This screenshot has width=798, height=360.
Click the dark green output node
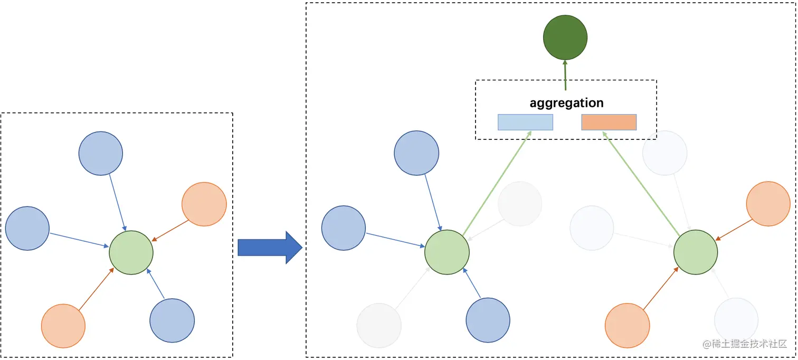(565, 37)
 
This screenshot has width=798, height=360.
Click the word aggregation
(566, 102)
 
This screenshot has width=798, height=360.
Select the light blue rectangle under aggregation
(525, 122)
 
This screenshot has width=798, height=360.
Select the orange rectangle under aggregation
(609, 122)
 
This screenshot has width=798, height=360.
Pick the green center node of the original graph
(131, 252)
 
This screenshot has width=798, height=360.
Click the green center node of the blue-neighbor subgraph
(446, 252)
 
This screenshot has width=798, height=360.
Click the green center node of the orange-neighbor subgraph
(696, 252)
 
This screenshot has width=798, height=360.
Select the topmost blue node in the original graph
(101, 153)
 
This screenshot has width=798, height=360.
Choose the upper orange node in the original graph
(204, 204)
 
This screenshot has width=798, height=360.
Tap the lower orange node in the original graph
(63, 326)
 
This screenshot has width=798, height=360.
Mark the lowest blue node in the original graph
(172, 320)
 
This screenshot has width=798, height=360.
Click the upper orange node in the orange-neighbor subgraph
(768, 204)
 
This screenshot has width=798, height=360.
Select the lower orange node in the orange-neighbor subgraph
(627, 325)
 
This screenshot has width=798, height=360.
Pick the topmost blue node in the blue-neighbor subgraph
(416, 153)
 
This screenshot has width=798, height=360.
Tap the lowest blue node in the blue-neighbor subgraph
(488, 320)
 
